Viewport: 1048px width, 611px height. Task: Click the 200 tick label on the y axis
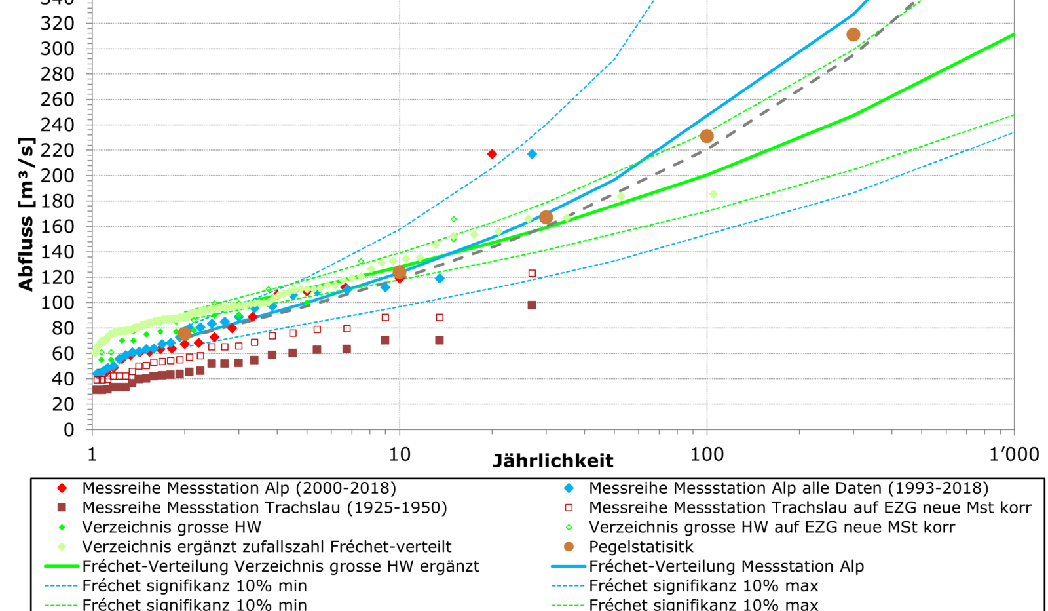tap(58, 176)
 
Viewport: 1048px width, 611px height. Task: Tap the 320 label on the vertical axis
tap(58, 24)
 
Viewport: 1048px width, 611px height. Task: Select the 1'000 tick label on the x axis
tap(1014, 454)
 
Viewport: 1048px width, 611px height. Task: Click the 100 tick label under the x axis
tap(707, 454)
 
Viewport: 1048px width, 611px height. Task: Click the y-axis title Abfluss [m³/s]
tap(26, 214)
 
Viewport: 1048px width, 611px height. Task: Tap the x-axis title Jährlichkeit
tap(553, 461)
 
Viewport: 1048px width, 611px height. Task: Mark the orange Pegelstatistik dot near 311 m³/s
tap(853, 35)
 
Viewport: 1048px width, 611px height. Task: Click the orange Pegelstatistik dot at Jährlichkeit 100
tap(707, 136)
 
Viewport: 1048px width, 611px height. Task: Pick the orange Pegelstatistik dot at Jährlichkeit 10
tap(400, 272)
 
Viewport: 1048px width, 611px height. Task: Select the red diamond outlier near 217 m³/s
tap(493, 154)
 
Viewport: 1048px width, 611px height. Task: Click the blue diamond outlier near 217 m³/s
tap(532, 154)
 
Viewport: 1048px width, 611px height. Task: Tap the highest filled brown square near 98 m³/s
tap(532, 305)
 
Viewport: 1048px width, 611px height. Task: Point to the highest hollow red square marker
tap(532, 273)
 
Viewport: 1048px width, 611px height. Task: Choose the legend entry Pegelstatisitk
tap(641, 547)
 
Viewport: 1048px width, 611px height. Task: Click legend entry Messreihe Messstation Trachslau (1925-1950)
tap(264, 507)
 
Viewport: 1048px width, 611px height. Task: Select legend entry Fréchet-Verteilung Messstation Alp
tap(726, 566)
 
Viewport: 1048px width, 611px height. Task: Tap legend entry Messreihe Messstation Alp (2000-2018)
tap(238, 488)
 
